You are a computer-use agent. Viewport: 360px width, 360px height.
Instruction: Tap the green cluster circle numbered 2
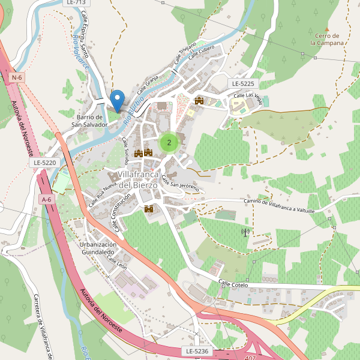point(169,142)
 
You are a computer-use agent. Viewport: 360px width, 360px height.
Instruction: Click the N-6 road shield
point(17,77)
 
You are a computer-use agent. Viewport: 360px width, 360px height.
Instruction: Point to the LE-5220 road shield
point(45,163)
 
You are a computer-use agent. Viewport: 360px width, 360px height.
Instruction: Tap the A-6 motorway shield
point(46,199)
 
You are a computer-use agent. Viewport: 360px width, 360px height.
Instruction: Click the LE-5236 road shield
point(196,351)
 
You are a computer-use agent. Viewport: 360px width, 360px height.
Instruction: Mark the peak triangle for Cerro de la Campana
point(327,29)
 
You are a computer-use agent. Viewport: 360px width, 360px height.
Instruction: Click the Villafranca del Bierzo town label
point(137,179)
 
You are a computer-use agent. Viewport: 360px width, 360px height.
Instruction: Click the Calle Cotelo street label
point(233,283)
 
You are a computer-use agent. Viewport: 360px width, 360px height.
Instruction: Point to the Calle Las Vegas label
point(247,96)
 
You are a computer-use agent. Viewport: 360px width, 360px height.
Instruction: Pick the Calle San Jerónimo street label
point(180,187)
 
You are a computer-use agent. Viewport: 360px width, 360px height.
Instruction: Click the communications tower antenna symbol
point(245,232)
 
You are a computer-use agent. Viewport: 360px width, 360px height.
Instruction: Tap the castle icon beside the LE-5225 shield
point(199,100)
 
